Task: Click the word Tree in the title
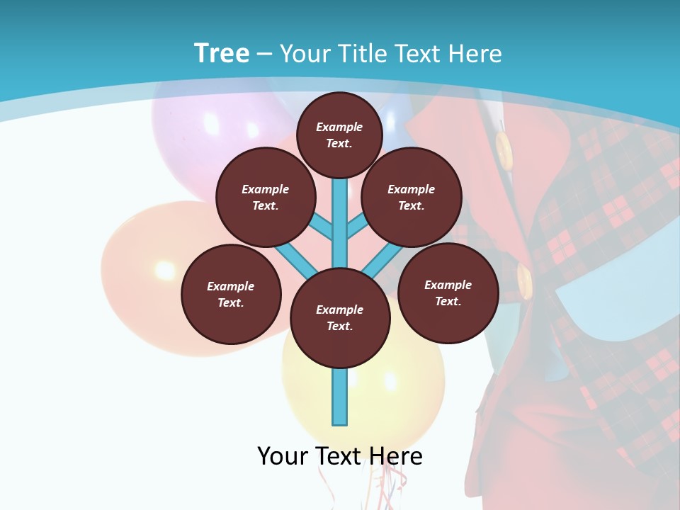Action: click(x=222, y=54)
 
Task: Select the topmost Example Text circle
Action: click(x=339, y=135)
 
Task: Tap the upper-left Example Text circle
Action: click(x=266, y=197)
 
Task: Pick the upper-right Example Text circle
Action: click(x=412, y=197)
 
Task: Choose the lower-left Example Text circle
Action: click(x=231, y=294)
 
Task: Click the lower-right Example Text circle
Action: click(x=448, y=293)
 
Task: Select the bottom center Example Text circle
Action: click(x=340, y=318)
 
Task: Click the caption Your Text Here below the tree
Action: click(x=340, y=456)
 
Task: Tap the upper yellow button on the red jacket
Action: click(x=504, y=149)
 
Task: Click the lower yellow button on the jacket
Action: click(x=525, y=280)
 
